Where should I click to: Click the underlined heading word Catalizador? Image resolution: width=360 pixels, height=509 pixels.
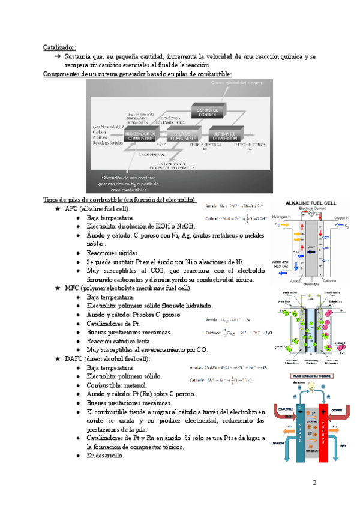tap(59, 46)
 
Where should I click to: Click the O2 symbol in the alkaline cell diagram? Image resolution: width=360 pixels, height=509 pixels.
tap(347, 227)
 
